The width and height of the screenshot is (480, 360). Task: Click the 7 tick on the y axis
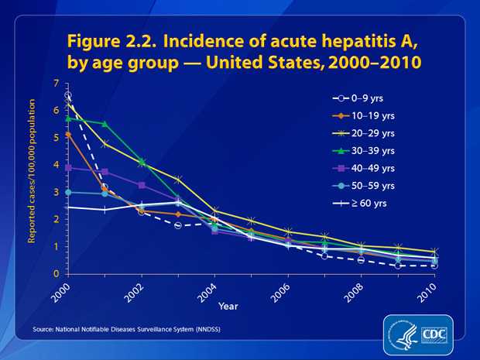click(56, 83)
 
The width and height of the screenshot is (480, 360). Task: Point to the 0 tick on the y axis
click(56, 274)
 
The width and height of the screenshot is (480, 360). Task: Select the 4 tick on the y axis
click(56, 165)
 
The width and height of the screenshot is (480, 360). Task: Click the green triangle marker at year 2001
click(104, 124)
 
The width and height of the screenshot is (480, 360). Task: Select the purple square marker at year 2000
click(69, 167)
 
